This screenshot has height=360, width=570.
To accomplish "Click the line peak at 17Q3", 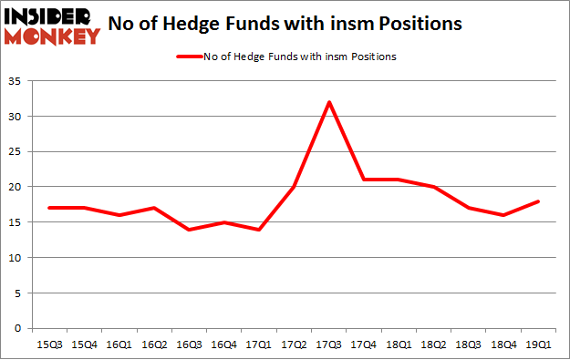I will (329, 101).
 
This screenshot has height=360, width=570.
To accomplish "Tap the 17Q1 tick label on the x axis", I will (263, 345).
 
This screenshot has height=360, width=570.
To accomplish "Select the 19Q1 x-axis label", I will (540, 345).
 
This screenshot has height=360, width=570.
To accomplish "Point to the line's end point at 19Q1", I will (540, 201).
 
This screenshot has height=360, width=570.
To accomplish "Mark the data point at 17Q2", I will (295, 187).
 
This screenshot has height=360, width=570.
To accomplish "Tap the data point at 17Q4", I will (365, 180).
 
